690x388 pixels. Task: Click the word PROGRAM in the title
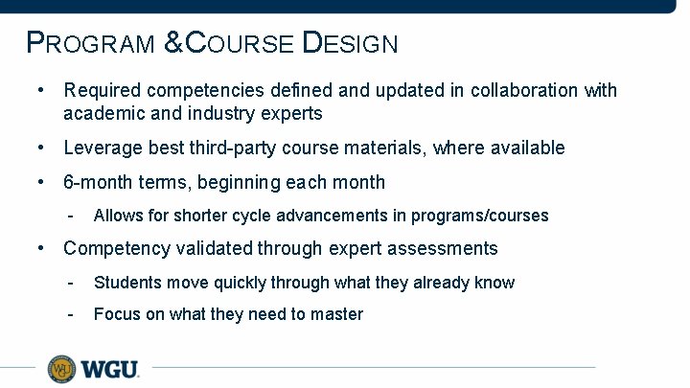(x=91, y=43)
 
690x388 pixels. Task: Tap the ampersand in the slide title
(x=172, y=43)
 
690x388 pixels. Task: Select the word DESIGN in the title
(x=350, y=43)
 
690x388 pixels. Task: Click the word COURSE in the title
(x=240, y=43)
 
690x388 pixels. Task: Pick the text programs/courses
(x=486, y=216)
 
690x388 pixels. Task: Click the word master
(x=337, y=314)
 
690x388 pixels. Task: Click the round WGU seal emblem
(x=61, y=368)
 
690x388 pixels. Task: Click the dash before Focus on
(x=70, y=314)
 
